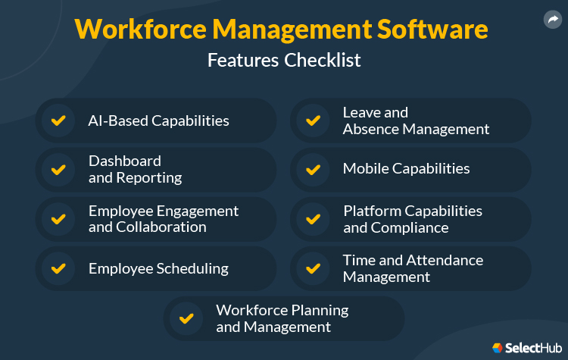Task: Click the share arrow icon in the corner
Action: pos(553,20)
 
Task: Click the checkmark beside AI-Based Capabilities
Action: pos(58,121)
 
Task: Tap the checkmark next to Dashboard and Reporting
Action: pos(58,169)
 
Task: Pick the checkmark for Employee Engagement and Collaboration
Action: pos(58,219)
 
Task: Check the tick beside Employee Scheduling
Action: pos(58,268)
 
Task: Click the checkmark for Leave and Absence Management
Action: pos(313,121)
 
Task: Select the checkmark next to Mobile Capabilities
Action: pos(313,169)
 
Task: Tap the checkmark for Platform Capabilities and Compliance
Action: pos(313,219)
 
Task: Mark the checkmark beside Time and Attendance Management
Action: pos(313,268)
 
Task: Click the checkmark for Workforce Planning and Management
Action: pos(186,318)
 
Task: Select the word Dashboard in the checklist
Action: pos(125,161)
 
